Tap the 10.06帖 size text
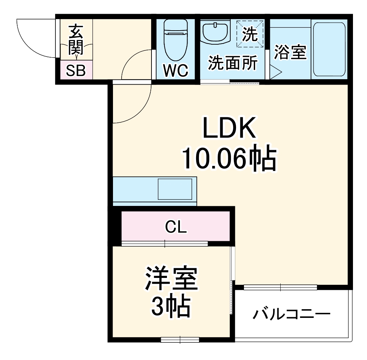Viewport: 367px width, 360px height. coord(229,158)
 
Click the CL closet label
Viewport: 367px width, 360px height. coord(176,227)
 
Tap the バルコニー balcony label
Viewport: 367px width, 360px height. coord(291,314)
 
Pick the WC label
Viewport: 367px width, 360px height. coord(176,71)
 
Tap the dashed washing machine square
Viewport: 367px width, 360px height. coord(250,34)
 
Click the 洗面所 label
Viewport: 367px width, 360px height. coord(233,63)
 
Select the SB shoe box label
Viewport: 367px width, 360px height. coord(76,71)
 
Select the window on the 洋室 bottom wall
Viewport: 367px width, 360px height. coord(180,339)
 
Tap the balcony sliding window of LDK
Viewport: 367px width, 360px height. coord(280,287)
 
